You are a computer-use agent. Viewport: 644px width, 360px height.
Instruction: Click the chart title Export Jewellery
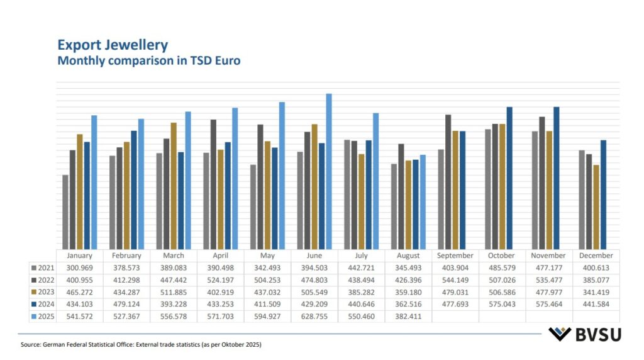(x=113, y=45)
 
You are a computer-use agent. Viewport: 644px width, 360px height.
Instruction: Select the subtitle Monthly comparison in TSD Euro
(x=149, y=61)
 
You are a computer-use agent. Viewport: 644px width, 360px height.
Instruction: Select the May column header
(x=267, y=256)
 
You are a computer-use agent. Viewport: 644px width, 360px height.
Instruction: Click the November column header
(x=549, y=256)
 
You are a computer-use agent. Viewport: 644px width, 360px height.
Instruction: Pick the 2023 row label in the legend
(x=43, y=292)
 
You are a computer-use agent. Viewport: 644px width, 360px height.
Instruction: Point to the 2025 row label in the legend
(x=43, y=316)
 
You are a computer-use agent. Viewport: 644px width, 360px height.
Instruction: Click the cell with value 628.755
(x=314, y=316)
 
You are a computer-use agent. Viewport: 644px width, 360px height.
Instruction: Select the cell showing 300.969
(x=79, y=268)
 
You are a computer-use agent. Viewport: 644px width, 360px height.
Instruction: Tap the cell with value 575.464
(x=549, y=304)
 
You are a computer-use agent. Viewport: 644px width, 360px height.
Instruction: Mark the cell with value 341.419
(x=596, y=292)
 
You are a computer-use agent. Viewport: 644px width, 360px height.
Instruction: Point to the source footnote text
(x=141, y=345)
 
